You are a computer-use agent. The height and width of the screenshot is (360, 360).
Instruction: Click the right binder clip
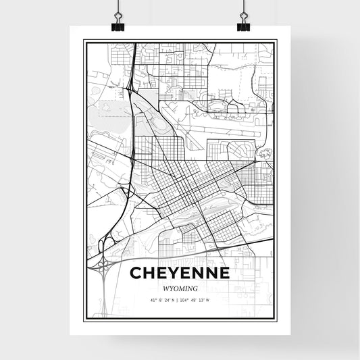(243, 21)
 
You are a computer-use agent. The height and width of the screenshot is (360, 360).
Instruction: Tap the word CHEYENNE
(180, 274)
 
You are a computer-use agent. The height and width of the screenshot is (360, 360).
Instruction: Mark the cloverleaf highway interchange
(105, 269)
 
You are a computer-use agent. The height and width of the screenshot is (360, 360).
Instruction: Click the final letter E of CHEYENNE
(224, 274)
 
